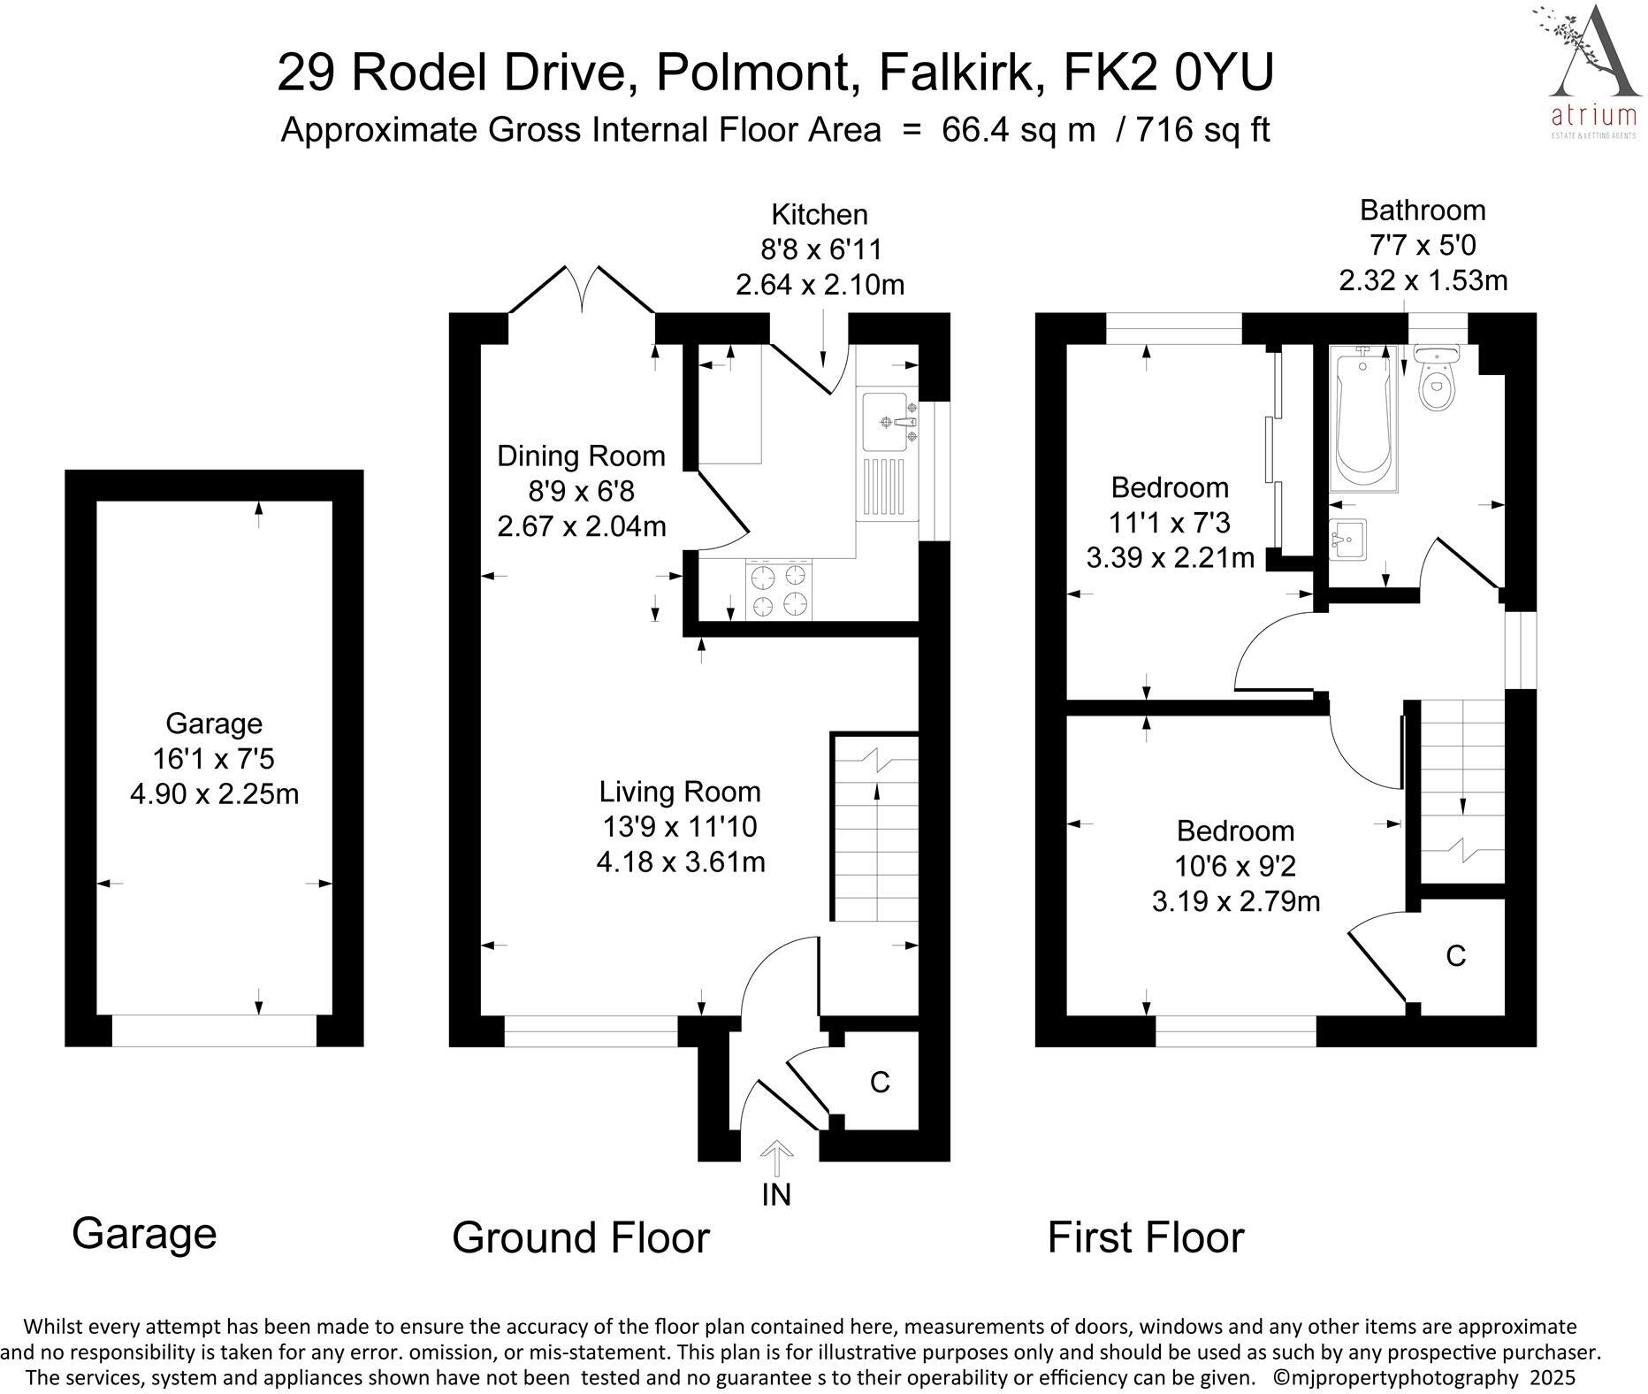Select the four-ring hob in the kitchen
[x=779, y=590]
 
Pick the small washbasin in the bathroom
[x=1347, y=540]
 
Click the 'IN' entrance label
[x=775, y=1195]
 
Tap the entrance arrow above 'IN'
[x=776, y=1158]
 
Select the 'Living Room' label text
[x=679, y=791]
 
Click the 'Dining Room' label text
[x=581, y=456]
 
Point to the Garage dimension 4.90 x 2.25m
[x=214, y=794]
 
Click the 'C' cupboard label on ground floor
[x=879, y=1082]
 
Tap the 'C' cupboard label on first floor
[x=1455, y=956]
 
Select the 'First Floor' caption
[x=1146, y=1237]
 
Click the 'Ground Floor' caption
[x=581, y=1237]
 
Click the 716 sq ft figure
[x=1202, y=130]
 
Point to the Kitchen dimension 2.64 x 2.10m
[x=820, y=285]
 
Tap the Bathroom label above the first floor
[x=1423, y=211]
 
